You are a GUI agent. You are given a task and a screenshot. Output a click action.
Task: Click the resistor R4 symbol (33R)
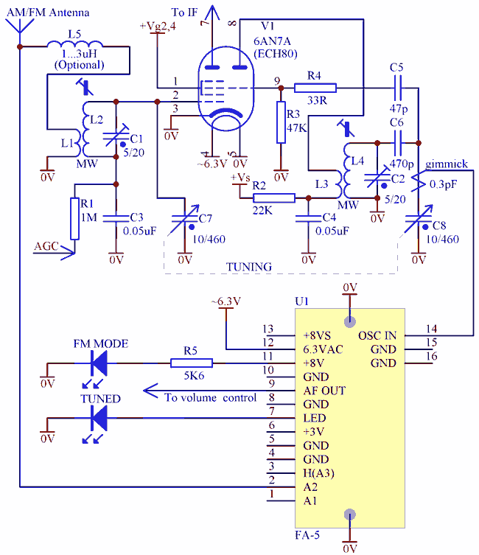point(315,88)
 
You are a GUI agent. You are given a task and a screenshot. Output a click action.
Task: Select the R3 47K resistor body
point(281,122)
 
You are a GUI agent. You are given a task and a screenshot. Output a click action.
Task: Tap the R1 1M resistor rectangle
point(74,219)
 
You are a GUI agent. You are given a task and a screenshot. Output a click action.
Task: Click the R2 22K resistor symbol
point(274,198)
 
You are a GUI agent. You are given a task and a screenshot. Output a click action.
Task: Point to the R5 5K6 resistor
point(192,363)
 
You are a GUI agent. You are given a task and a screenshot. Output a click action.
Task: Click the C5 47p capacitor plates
point(398,88)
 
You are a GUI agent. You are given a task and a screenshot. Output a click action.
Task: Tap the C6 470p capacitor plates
point(398,143)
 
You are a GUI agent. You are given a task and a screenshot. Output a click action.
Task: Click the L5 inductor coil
point(74,44)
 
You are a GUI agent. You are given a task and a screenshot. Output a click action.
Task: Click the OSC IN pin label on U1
point(377,335)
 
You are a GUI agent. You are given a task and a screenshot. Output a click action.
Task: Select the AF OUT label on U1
point(324,391)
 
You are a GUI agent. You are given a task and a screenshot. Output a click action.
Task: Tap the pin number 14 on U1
point(432,329)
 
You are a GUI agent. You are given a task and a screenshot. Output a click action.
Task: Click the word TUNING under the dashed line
point(249,267)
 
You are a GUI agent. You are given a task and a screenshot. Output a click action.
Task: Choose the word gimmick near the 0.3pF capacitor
point(447,164)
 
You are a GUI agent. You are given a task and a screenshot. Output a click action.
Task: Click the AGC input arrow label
point(46,246)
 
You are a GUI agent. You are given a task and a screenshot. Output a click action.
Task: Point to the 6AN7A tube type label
point(272,41)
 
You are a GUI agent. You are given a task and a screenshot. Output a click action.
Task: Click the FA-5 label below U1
point(307,535)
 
